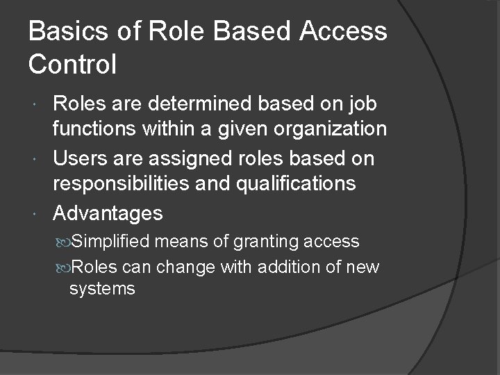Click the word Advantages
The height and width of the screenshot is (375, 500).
click(x=108, y=213)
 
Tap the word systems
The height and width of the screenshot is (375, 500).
click(x=102, y=288)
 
